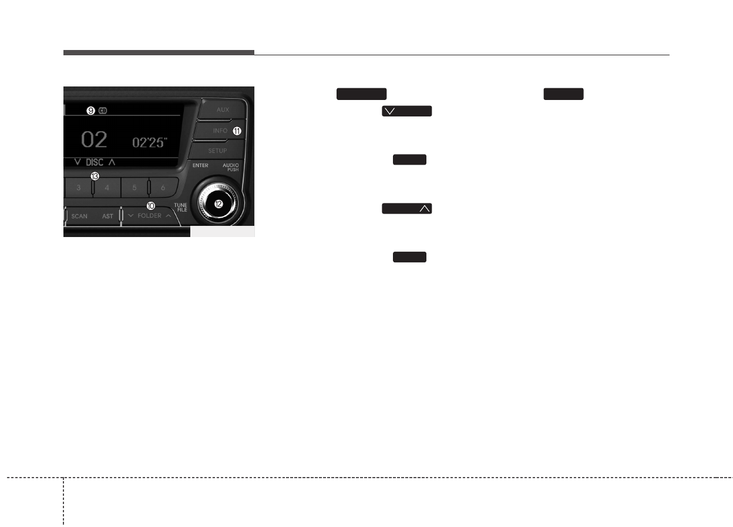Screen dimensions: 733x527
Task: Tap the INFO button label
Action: pyautogui.click(x=220, y=131)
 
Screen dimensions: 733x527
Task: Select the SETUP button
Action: pyautogui.click(x=217, y=151)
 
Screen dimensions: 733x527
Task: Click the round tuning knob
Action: pyautogui.click(x=218, y=204)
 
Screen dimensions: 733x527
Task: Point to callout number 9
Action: pyautogui.click(x=91, y=110)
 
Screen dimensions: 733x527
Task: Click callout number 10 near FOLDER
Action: pyautogui.click(x=150, y=206)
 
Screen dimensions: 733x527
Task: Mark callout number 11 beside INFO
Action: pyautogui.click(x=237, y=131)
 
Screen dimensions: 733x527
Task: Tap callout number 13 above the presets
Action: pyautogui.click(x=94, y=176)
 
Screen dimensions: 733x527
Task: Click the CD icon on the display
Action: pyautogui.click(x=102, y=110)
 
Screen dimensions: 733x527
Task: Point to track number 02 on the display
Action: pyautogui.click(x=95, y=140)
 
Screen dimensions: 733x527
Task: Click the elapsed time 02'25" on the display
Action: pyautogui.click(x=149, y=142)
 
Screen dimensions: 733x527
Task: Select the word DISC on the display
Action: pyautogui.click(x=95, y=162)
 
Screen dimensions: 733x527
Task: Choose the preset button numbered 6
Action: pyautogui.click(x=163, y=188)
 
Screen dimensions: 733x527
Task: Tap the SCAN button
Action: pyautogui.click(x=79, y=216)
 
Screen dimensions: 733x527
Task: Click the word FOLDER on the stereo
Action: pyautogui.click(x=149, y=216)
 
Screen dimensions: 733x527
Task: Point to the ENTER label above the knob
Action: pyautogui.click(x=200, y=166)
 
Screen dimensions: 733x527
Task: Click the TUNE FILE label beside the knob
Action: pyautogui.click(x=181, y=207)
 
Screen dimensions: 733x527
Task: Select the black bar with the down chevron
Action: pyautogui.click(x=406, y=111)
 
